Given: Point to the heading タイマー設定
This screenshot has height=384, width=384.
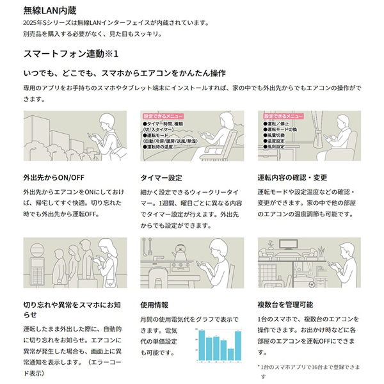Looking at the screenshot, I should point(161,177).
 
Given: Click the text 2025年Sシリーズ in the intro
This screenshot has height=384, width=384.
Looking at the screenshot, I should point(45,24).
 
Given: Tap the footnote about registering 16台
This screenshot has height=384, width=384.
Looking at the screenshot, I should point(309,367).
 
